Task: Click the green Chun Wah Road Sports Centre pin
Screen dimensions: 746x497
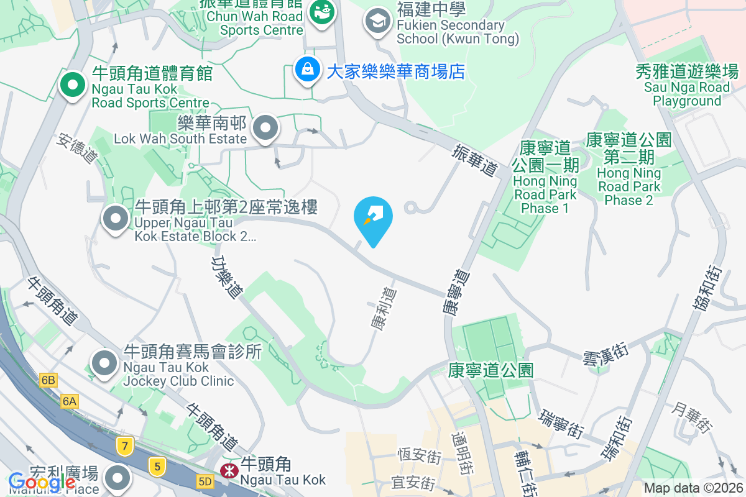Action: click(x=321, y=11)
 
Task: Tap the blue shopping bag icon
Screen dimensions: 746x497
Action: click(x=308, y=70)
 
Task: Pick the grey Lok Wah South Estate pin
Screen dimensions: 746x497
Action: click(x=266, y=127)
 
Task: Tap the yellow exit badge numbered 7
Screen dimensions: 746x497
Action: click(x=125, y=445)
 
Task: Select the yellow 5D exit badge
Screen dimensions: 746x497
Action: click(x=205, y=481)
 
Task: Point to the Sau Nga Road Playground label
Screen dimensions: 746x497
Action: click(x=686, y=86)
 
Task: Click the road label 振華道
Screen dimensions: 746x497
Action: click(x=476, y=160)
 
